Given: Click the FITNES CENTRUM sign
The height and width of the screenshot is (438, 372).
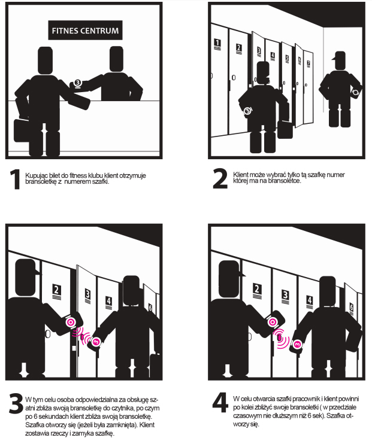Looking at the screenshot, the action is [85, 30].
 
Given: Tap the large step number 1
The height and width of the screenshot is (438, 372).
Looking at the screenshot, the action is [15, 180].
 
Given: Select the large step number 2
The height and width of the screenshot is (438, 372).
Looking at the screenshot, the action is [220, 178].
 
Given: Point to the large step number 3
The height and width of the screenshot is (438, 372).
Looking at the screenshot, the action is [16, 403].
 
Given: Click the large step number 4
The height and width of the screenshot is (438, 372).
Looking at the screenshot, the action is [220, 403].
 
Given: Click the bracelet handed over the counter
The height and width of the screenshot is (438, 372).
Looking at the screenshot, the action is [78, 83].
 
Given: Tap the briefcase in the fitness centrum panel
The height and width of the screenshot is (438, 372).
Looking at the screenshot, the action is [21, 130].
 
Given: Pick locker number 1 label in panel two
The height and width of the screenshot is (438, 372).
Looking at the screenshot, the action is [217, 44].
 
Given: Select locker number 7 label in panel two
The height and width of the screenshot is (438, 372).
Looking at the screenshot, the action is [309, 63].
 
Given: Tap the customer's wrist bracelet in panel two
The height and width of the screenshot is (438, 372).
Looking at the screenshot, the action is [247, 111].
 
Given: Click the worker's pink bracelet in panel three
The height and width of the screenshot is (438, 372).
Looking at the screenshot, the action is [70, 323].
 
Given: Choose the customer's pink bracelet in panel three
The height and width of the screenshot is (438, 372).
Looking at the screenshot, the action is [96, 341].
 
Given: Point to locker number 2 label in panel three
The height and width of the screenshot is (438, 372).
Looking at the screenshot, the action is [56, 291].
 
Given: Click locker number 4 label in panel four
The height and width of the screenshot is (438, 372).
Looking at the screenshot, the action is [309, 302].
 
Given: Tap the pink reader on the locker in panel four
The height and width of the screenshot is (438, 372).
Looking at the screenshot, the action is [279, 337].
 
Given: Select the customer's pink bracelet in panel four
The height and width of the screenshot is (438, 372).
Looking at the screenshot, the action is [297, 345].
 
